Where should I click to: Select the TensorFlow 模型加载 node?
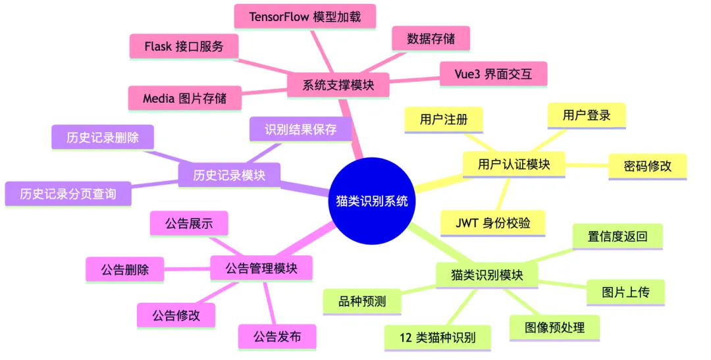point(305,16)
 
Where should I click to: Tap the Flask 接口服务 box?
point(184,47)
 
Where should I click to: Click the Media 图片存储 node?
point(184,98)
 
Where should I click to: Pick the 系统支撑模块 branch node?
point(338,86)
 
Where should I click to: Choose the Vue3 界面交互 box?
point(493,74)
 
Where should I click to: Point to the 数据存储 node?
point(431,38)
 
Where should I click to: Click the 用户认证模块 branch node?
point(513,164)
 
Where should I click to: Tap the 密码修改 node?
point(647,166)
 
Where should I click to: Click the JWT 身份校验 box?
point(492,222)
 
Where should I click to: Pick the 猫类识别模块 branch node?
point(487,274)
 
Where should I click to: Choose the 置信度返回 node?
point(617,236)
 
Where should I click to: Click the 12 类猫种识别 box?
point(438,338)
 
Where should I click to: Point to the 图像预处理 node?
point(555,326)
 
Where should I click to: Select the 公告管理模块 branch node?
point(261,269)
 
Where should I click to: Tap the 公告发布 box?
point(277,336)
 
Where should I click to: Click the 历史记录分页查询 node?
point(68,193)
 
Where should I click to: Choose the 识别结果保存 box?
point(301,129)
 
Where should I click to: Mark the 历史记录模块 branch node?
point(229,175)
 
